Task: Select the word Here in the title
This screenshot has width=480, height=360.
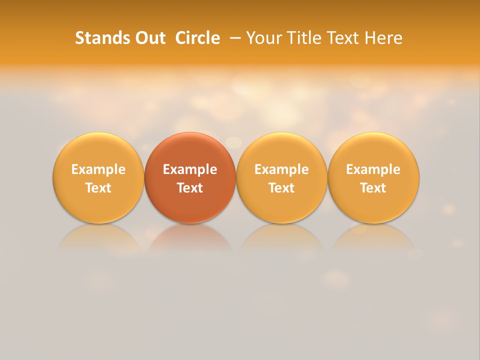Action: pos(383,38)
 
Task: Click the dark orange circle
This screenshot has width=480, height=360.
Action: pos(190,178)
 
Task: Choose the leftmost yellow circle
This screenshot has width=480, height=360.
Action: pos(98,178)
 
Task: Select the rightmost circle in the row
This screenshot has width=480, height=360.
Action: pos(373,178)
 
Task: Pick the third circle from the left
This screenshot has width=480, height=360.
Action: pos(281,178)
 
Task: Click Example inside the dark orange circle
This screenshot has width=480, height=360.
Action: pos(190,169)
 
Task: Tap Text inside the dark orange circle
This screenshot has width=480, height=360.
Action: pos(190,188)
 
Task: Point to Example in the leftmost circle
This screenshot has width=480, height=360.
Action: pos(98,169)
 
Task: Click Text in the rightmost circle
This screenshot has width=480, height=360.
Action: pos(373,188)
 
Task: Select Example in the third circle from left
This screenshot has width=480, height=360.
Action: pos(281,169)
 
